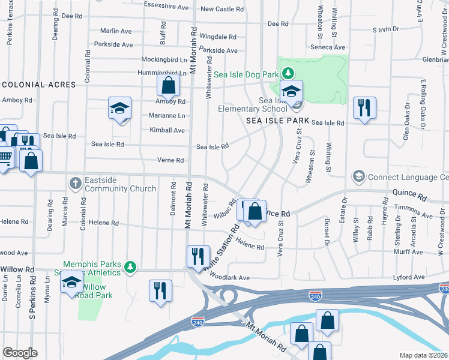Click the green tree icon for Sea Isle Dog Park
(x=289, y=74)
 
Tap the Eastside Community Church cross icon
(x=74, y=182)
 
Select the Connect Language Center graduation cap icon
(x=358, y=177)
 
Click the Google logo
(x=20, y=353)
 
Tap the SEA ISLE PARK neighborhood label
(x=278, y=121)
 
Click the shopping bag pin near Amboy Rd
(x=169, y=86)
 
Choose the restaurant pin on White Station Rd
(x=197, y=257)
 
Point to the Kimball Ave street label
(x=167, y=130)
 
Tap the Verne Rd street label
(x=170, y=160)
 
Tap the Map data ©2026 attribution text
(x=424, y=355)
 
